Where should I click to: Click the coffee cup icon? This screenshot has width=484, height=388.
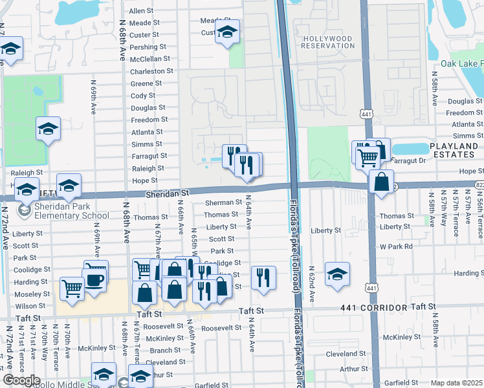click(95, 280)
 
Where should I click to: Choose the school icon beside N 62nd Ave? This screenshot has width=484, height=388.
click(337, 274)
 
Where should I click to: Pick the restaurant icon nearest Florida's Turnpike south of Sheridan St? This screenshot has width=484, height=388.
click(263, 278)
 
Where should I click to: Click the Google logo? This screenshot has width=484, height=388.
click(21, 380)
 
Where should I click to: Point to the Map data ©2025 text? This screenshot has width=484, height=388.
click(456, 383)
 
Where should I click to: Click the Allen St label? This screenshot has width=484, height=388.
click(140, 11)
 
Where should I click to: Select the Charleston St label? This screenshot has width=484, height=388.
click(151, 71)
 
